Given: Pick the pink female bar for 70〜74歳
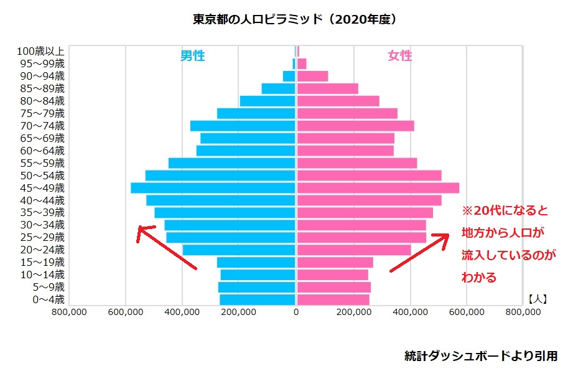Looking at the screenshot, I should tap(355, 126).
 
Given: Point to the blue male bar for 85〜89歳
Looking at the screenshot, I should tap(278, 88).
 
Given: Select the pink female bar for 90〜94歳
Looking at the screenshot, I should tap(312, 76).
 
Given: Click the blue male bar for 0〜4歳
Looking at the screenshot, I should tap(258, 299).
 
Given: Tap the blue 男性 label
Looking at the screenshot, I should tap(192, 56).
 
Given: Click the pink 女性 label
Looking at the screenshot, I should tap(399, 56).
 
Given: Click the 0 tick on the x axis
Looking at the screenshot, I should tap(296, 312).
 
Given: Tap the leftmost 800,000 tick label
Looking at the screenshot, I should tap(69, 312).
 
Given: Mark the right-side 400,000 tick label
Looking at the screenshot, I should tap(410, 312).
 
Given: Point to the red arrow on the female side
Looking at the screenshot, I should tap(419, 253).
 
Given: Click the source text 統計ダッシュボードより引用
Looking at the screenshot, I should tap(481, 356).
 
